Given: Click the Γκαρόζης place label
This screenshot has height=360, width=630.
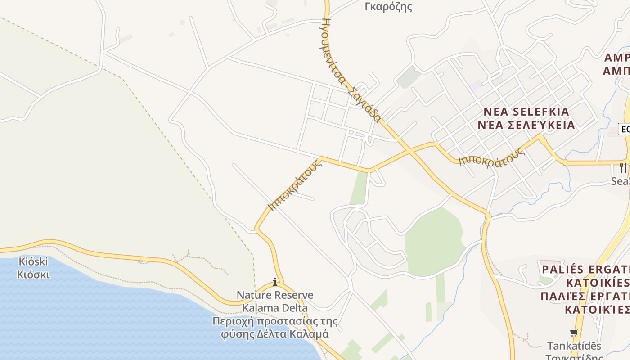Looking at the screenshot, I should pyautogui.click(x=389, y=7).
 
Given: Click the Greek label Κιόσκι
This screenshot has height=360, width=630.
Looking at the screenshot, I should pyautogui.click(x=33, y=274).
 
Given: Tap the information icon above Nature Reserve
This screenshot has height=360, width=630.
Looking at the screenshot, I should pyautogui.click(x=275, y=282).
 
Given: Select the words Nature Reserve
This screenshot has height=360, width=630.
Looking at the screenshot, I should pyautogui.click(x=275, y=295).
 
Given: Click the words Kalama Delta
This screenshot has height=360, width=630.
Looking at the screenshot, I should pyautogui.click(x=275, y=308).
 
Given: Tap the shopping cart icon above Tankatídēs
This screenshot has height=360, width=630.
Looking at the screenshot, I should pyautogui.click(x=574, y=333).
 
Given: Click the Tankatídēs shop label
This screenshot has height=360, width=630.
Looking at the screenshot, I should pyautogui.click(x=574, y=346).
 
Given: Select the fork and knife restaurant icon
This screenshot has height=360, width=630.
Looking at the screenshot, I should pyautogui.click(x=623, y=168).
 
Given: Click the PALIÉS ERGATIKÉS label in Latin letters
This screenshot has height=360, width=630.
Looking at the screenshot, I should pyautogui.click(x=585, y=270).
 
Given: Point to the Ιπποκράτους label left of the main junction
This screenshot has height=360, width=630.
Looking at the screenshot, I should pyautogui.click(x=295, y=185).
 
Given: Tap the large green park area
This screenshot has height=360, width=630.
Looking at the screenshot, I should pyautogui.click(x=432, y=243).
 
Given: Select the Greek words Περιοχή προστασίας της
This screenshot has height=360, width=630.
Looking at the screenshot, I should pyautogui.click(x=275, y=321).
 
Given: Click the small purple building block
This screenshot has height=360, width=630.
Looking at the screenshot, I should pyautogui.click(x=474, y=85).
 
